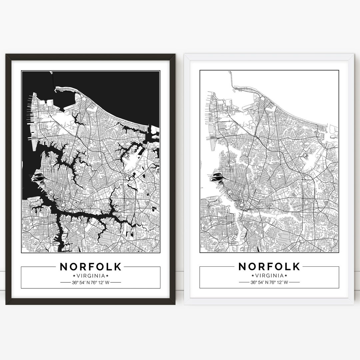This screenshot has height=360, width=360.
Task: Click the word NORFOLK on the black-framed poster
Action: pyautogui.click(x=91, y=267)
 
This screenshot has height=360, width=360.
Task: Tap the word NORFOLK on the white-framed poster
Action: pyautogui.click(x=269, y=267)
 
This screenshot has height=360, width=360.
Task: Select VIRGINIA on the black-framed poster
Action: pyautogui.click(x=91, y=276)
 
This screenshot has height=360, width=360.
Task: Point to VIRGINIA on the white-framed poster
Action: pyautogui.click(x=269, y=276)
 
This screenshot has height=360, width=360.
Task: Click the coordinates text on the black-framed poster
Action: pyautogui.click(x=91, y=283)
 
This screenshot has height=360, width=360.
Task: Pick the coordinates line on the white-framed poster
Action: pyautogui.click(x=269, y=283)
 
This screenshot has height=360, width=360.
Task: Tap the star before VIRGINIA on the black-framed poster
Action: pyautogui.click(x=74, y=276)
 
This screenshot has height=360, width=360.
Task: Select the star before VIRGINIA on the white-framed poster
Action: pyautogui.click(x=253, y=276)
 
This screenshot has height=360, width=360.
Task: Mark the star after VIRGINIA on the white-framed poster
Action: pyautogui.click(x=286, y=276)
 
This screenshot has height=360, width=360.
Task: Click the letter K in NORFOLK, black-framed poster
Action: pyautogui.click(x=118, y=267)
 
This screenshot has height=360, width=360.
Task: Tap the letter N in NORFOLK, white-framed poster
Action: pyautogui.click(x=243, y=267)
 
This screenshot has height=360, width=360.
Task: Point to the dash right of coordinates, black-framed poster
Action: pyautogui.click(x=116, y=283)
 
